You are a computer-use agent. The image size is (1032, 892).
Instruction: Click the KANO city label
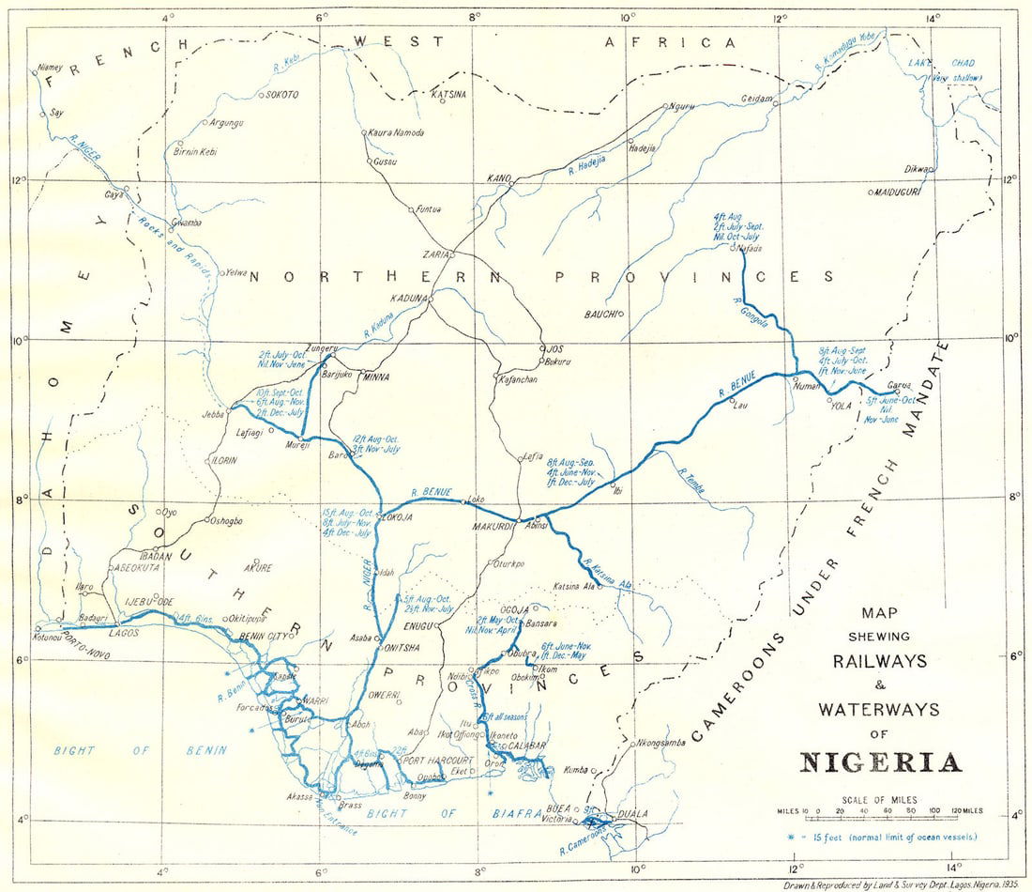click(x=497, y=177)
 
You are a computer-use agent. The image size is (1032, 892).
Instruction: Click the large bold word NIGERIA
click(x=881, y=761)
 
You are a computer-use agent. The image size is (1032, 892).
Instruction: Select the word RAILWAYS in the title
click(x=880, y=661)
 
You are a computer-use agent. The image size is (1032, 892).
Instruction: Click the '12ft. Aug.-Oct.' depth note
click(x=376, y=438)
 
